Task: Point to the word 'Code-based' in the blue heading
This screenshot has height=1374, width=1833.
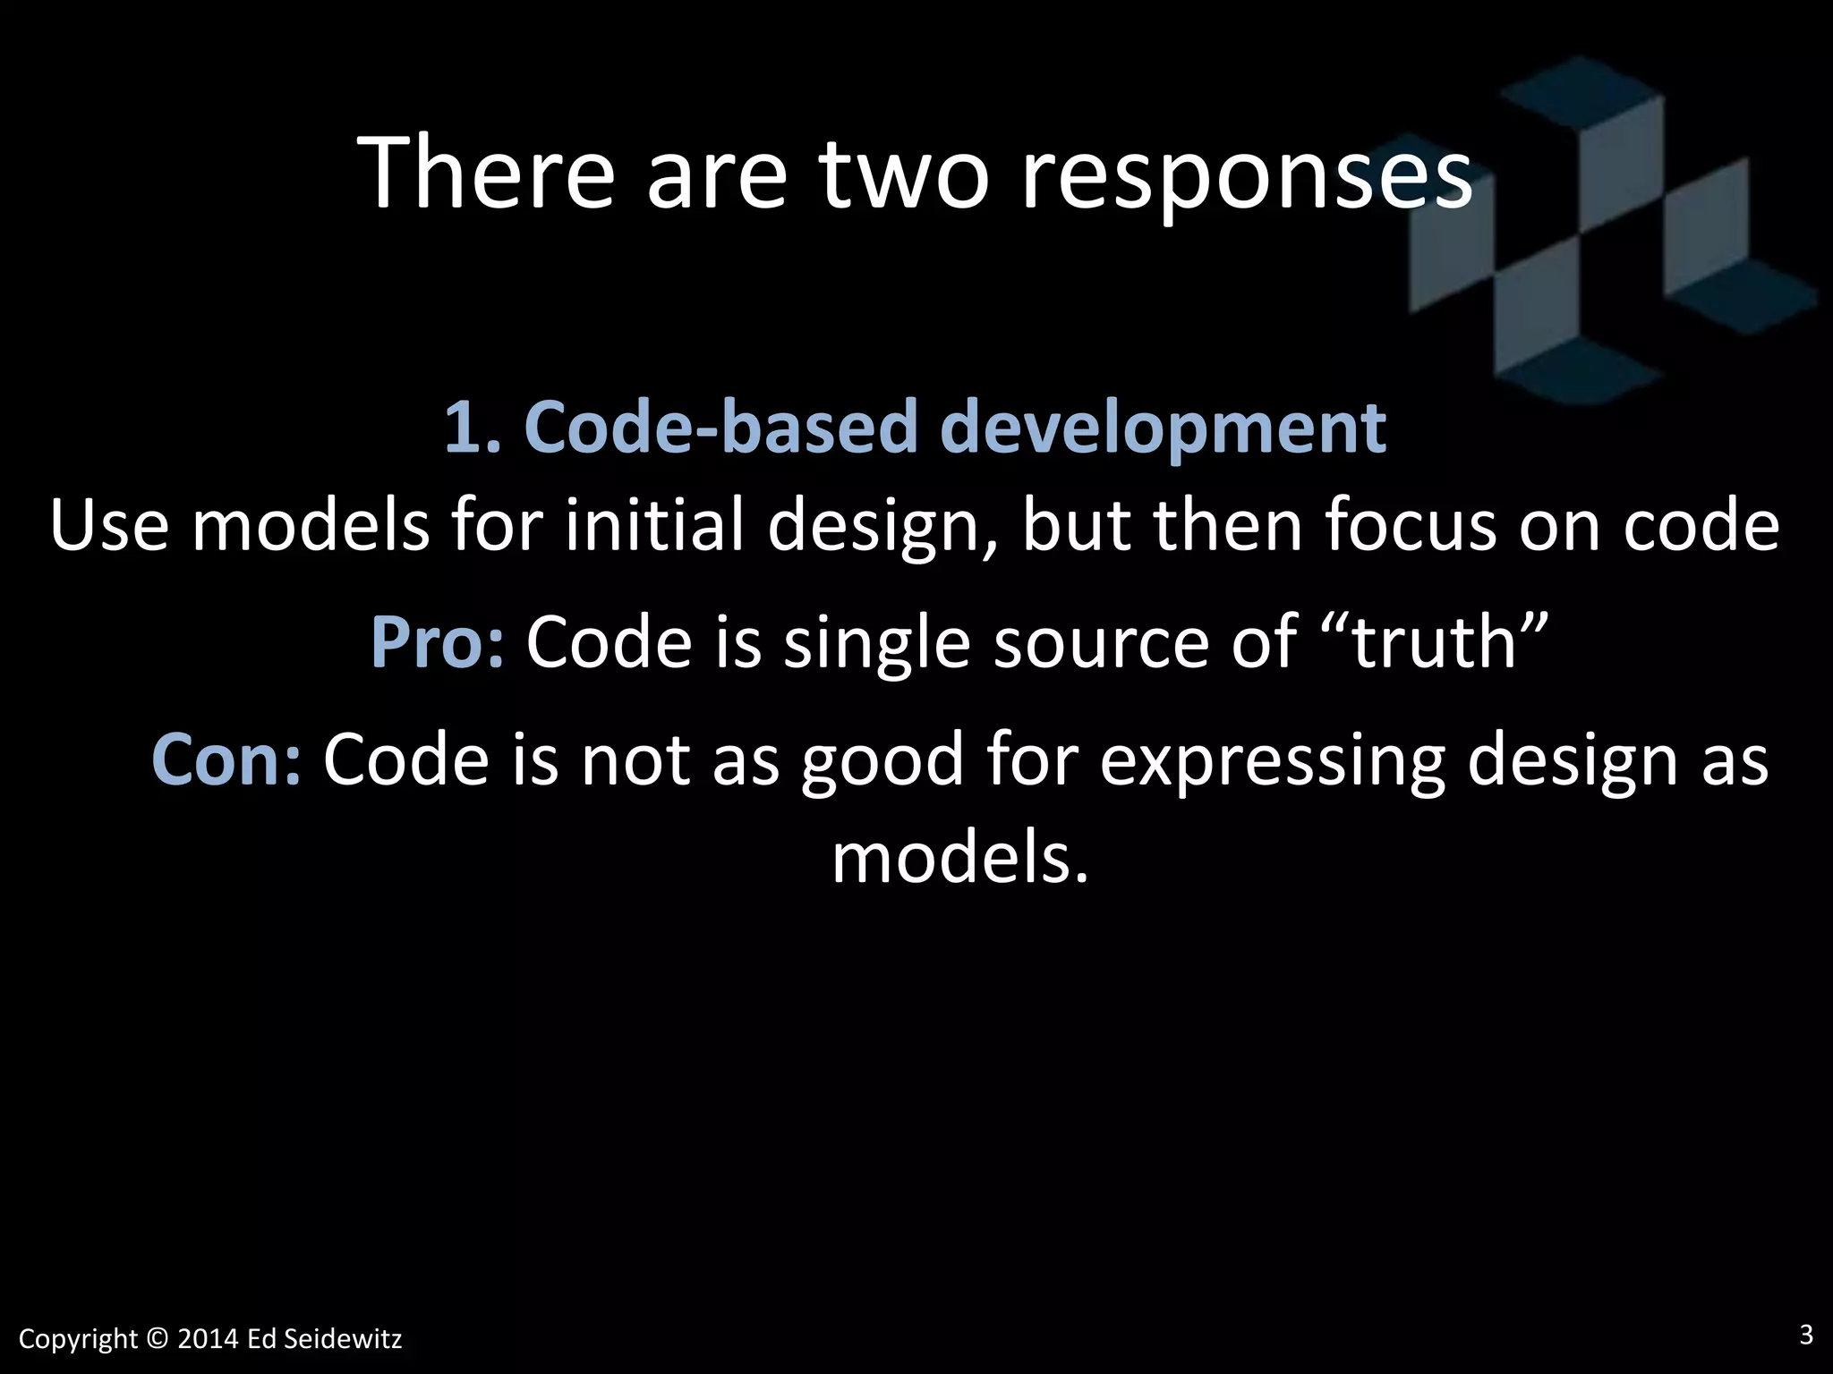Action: point(721,427)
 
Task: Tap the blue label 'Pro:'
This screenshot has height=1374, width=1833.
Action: point(438,642)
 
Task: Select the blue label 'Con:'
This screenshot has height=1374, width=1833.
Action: point(226,759)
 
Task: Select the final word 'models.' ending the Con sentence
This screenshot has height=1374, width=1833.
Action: point(960,858)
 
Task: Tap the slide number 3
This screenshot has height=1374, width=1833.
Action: point(1805,1335)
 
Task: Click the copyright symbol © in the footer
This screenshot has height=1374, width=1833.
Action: point(158,1339)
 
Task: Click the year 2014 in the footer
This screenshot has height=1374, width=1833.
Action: point(208,1339)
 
